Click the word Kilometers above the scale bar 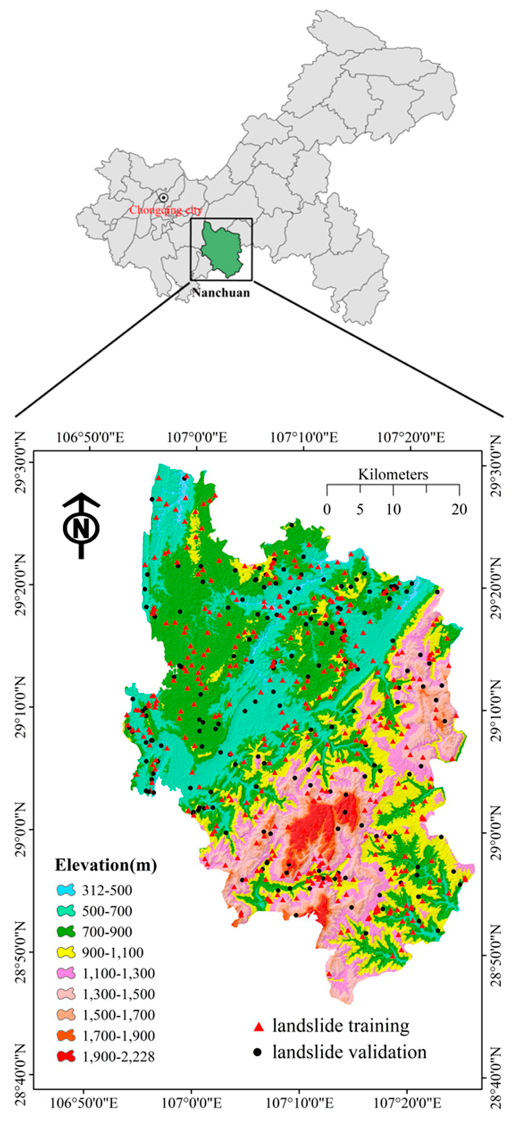click(393, 474)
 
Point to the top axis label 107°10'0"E click(304, 437)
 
